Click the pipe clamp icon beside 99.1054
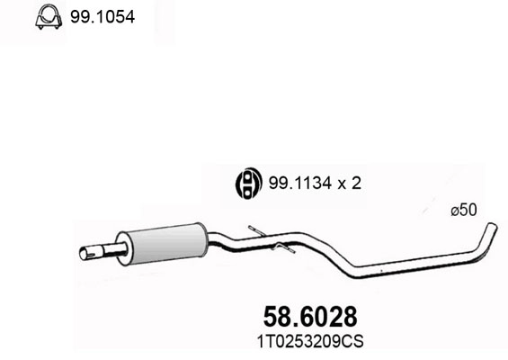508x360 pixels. pos(47,18)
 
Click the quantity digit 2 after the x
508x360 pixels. pos(356,184)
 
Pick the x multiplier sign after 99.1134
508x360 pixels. pos(341,184)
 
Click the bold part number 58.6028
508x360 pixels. pos(309,317)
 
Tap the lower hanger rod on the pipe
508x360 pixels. pos(280,249)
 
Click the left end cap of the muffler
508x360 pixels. pos(126,247)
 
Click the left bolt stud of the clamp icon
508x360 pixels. pos(39,25)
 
